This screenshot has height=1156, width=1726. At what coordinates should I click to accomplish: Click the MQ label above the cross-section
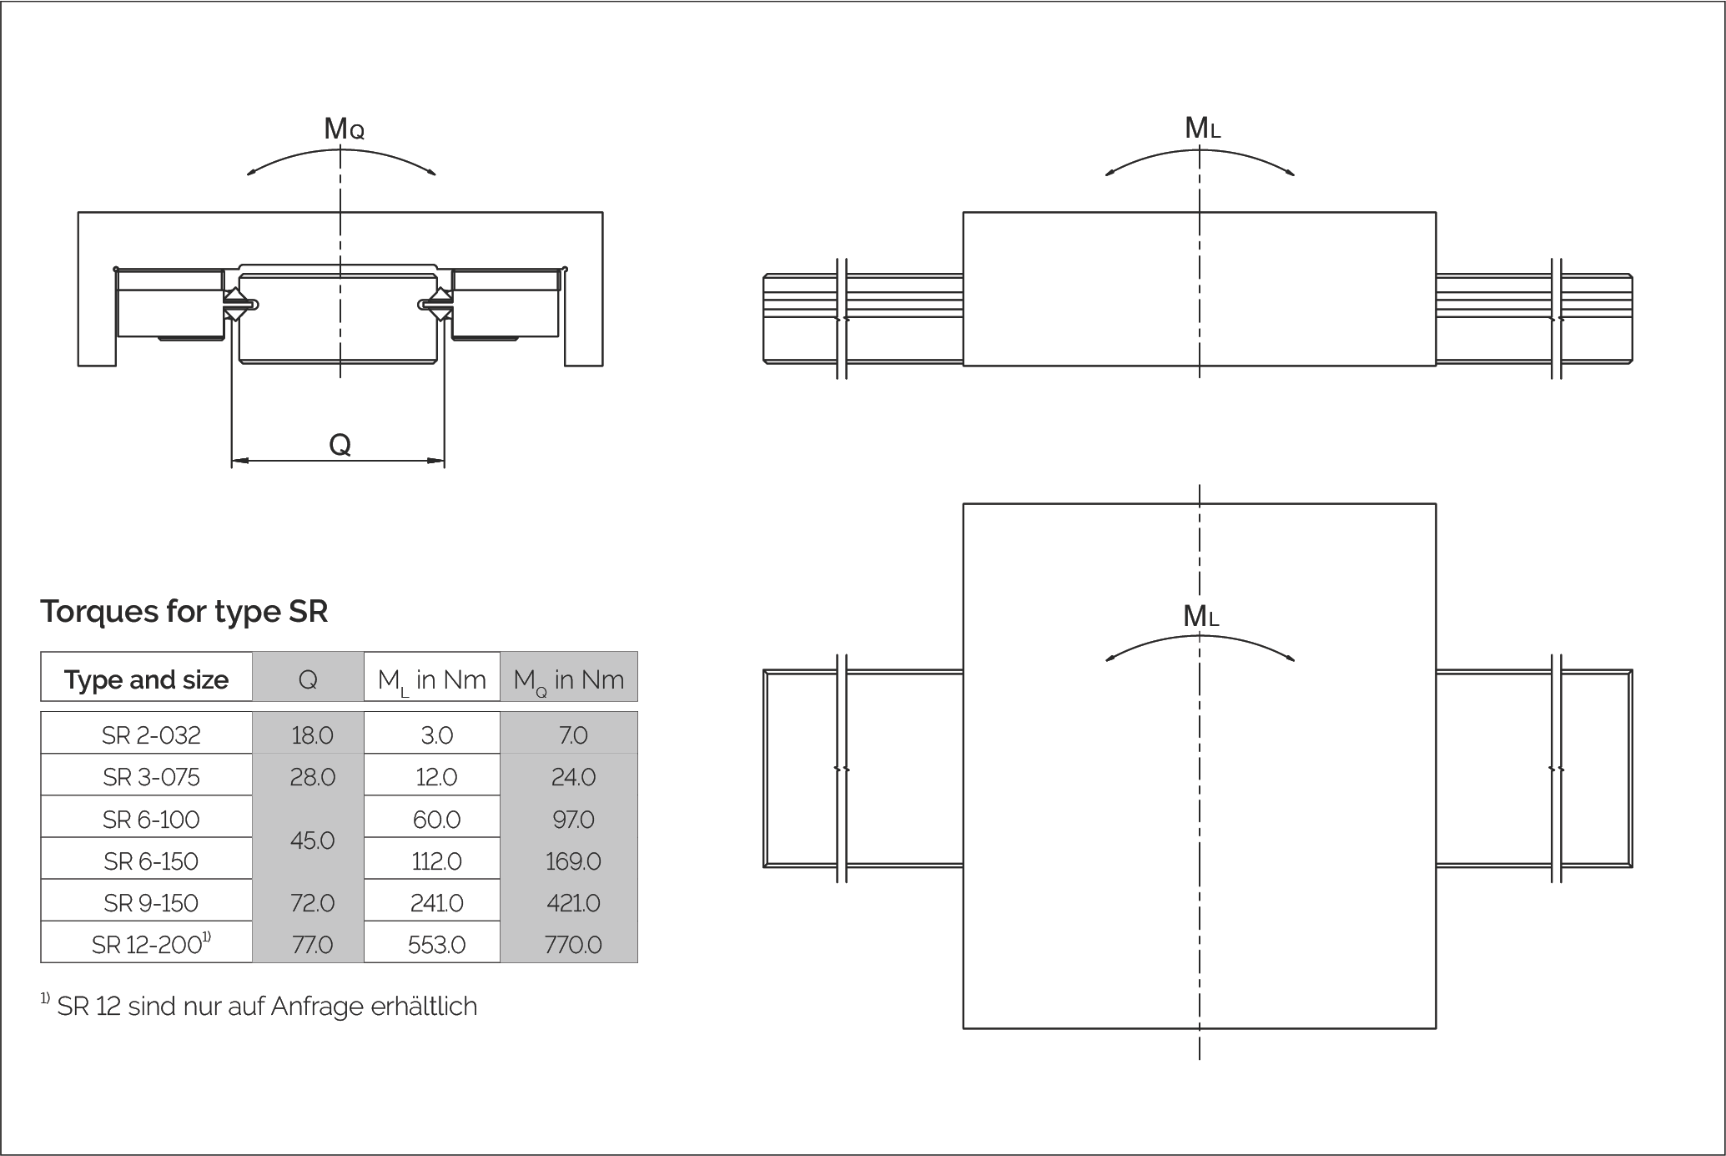(344, 129)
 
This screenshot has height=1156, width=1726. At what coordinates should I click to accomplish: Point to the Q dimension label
(340, 444)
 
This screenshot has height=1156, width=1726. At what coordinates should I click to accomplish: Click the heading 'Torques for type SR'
(184, 612)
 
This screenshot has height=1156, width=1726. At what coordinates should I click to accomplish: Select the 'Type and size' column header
(146, 679)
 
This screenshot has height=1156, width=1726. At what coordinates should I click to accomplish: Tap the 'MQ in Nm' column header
(569, 680)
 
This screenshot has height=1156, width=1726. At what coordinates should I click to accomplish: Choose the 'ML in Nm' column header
(431, 680)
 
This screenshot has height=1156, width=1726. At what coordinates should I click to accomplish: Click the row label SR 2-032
(151, 735)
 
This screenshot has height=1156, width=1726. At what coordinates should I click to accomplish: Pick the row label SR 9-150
(151, 903)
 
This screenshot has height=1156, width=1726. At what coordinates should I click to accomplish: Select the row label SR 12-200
(151, 944)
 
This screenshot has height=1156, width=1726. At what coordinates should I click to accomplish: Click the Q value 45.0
(313, 840)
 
